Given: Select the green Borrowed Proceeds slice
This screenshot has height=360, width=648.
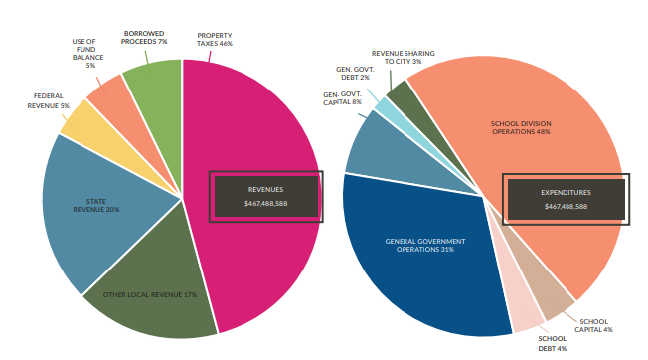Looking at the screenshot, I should tap(155, 85).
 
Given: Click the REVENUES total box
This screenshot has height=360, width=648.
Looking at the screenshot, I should tap(265, 196).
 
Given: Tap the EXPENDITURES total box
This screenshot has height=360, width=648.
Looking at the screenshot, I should tap(565, 199).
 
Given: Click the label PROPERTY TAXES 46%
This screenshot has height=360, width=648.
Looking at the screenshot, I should tap(214, 39).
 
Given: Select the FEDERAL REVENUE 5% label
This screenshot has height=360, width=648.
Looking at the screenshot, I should tap(49, 100).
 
